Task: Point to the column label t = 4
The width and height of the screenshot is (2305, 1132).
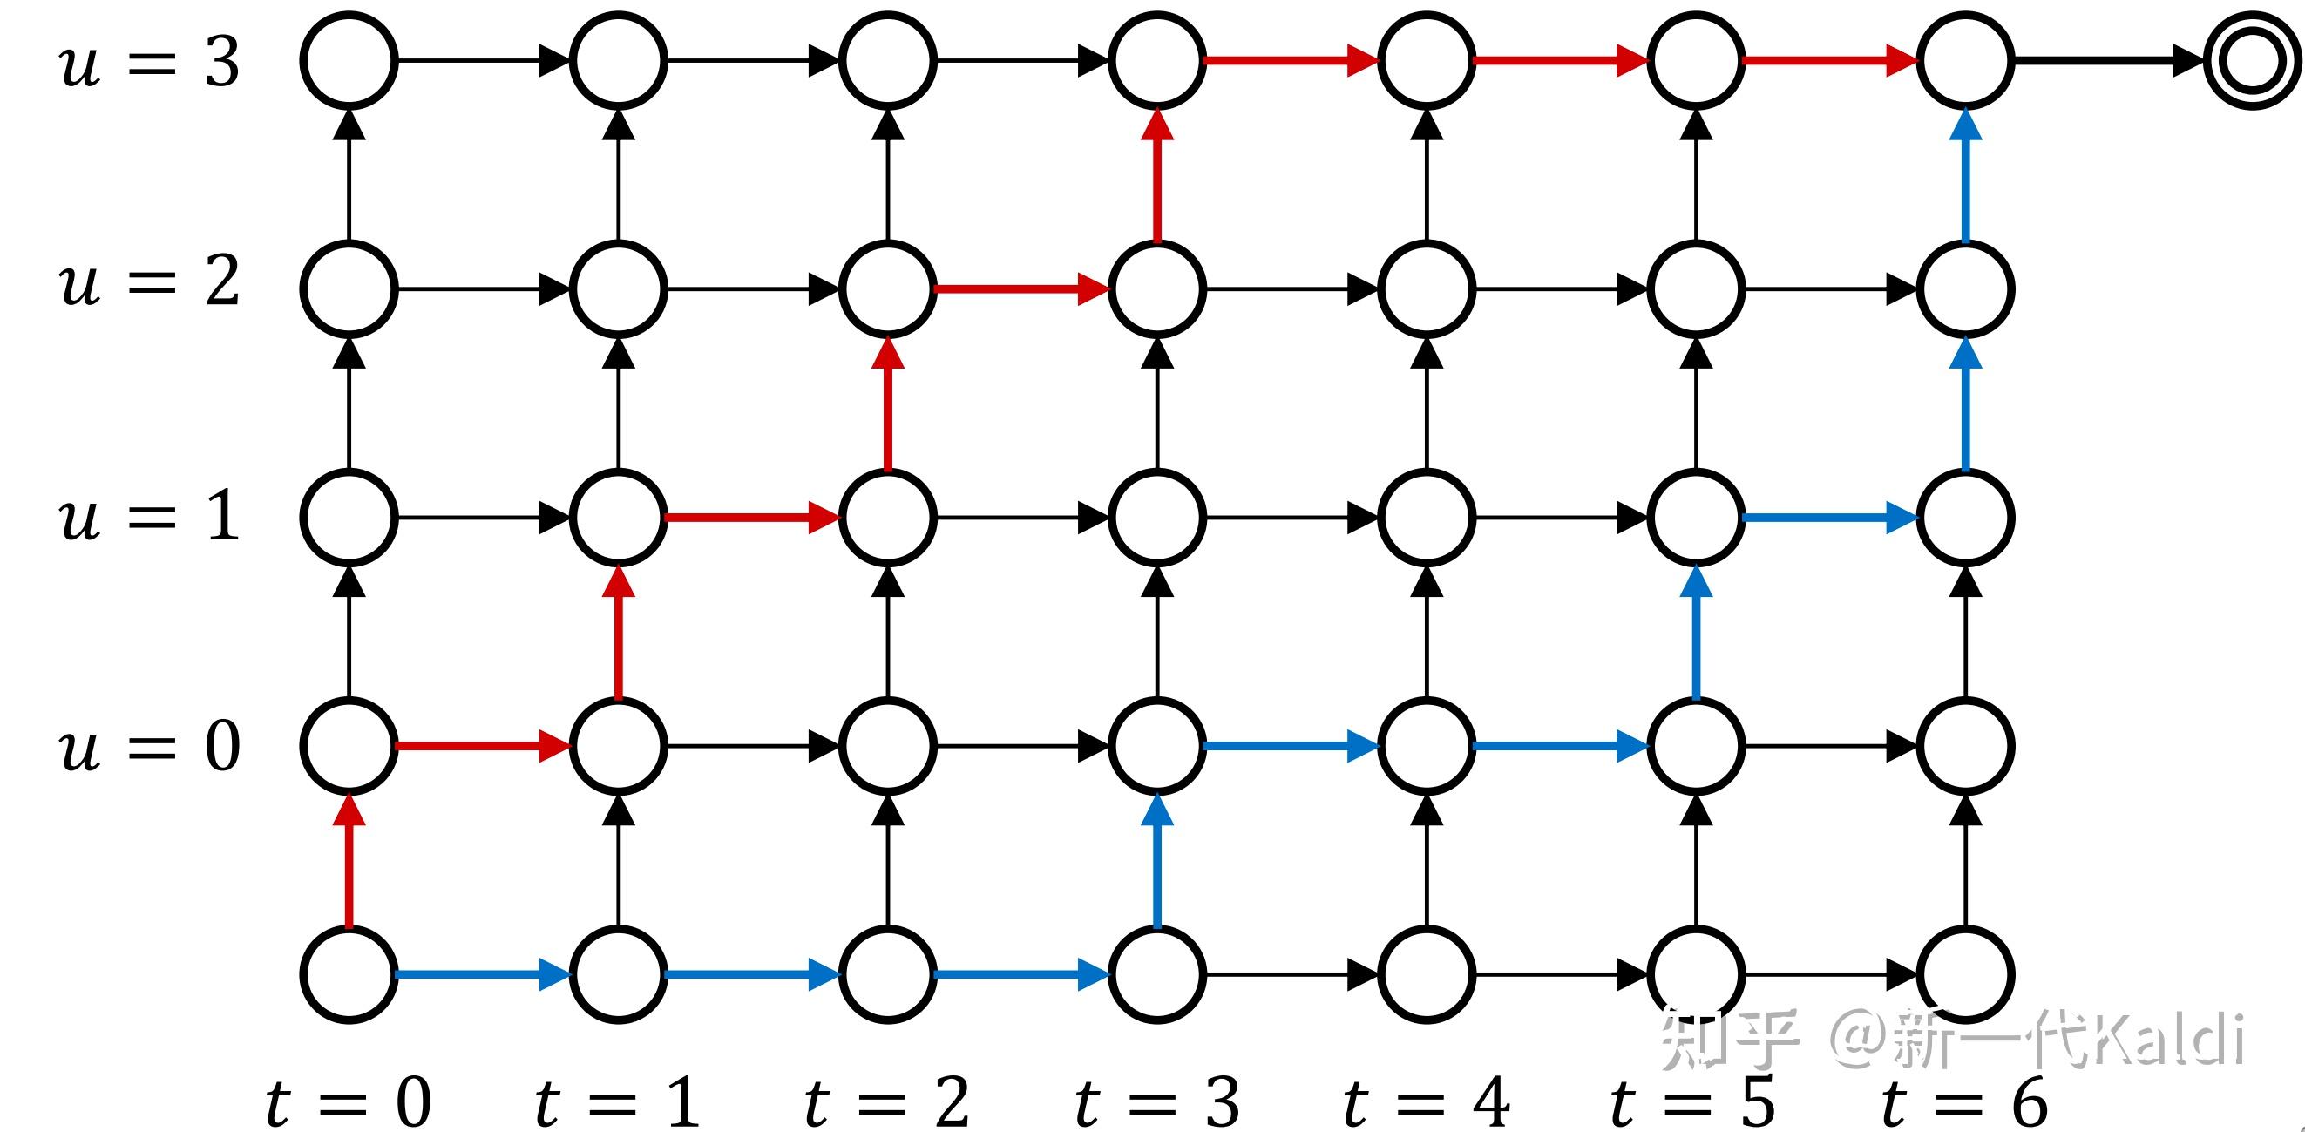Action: pos(1427,1102)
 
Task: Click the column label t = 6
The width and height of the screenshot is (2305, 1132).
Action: pos(1965,1102)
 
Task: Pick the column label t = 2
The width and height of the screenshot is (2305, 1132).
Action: pos(887,1102)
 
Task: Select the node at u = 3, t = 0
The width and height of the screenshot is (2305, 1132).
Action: pos(349,61)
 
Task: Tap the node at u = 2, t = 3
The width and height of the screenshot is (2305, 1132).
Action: pos(1157,289)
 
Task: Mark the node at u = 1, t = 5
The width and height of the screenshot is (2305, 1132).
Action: pos(1696,518)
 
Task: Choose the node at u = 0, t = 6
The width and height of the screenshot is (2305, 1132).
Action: pos(1965,745)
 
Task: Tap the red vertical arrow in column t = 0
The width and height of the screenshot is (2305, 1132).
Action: pos(349,860)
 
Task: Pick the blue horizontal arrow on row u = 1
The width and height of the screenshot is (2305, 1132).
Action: pos(1830,518)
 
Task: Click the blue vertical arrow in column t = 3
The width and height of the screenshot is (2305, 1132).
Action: pos(1157,860)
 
